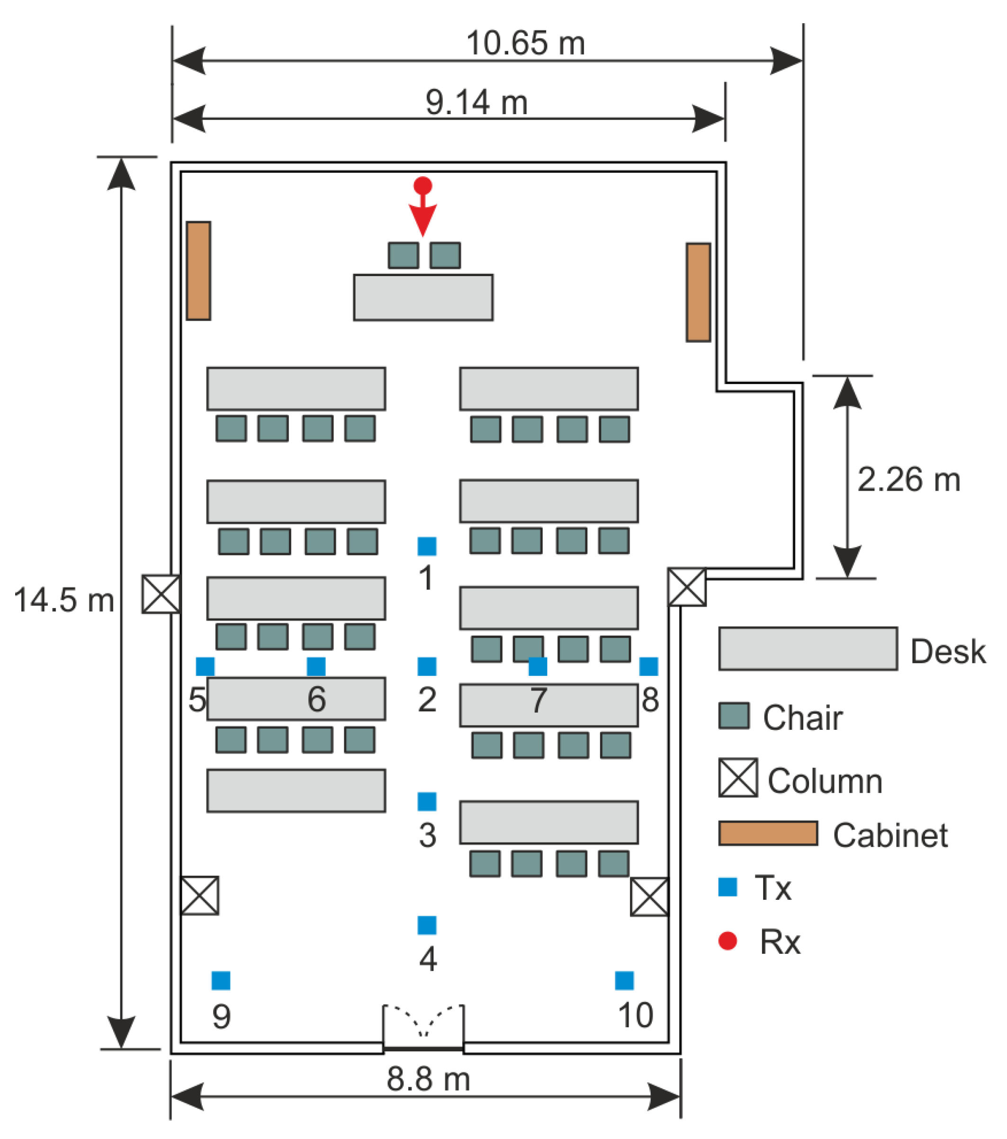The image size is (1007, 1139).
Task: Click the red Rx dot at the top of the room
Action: (x=423, y=186)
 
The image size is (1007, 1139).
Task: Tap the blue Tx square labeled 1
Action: (x=427, y=546)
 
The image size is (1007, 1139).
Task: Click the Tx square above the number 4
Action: (x=427, y=925)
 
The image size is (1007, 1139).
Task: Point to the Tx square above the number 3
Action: (x=427, y=801)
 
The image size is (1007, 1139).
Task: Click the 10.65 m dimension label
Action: (x=525, y=44)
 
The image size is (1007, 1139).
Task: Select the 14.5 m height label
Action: (x=64, y=600)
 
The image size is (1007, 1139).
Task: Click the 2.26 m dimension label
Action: (x=909, y=479)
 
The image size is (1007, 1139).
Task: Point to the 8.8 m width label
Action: (x=428, y=1078)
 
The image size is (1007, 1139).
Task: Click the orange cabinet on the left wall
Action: (x=198, y=271)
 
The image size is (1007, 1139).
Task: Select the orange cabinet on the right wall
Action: (x=698, y=292)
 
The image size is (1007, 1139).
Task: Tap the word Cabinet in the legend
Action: (x=890, y=835)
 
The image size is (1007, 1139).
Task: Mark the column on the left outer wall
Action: (x=161, y=594)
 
